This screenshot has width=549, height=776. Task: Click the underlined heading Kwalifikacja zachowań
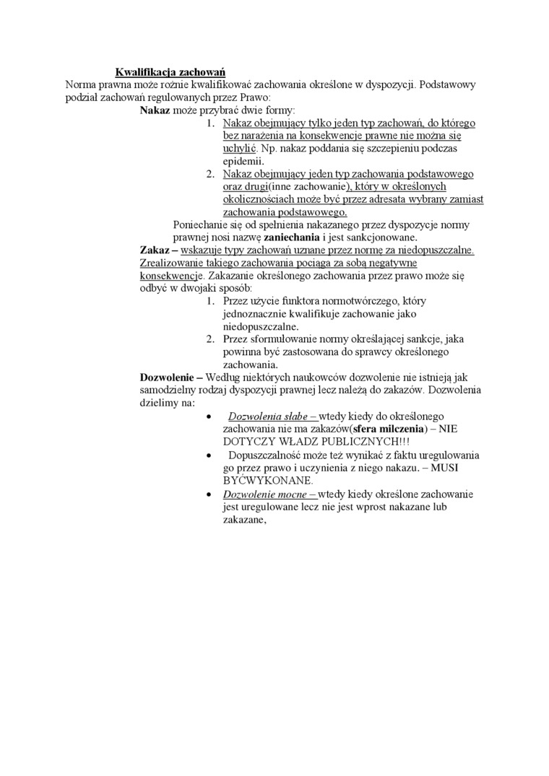(171, 72)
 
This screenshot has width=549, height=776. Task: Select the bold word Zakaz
(154, 249)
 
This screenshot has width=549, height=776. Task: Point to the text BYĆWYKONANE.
(268, 480)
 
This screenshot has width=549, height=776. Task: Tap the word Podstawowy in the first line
(447, 84)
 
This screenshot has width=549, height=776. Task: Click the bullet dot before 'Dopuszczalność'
(209, 455)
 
